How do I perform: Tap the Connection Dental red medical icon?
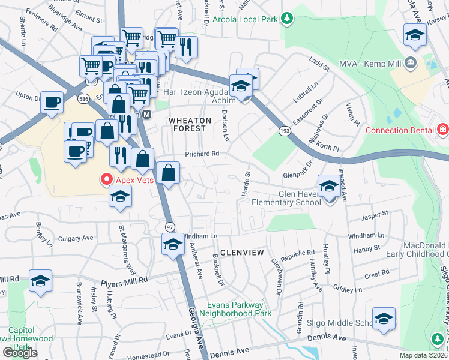click(x=442, y=130)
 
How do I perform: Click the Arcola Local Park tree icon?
click(x=288, y=19)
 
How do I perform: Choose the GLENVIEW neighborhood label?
click(x=241, y=253)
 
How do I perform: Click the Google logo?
click(x=20, y=353)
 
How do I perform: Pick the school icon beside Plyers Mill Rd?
click(x=40, y=280)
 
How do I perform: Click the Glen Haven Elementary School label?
click(x=291, y=198)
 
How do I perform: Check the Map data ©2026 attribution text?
click(x=424, y=355)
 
